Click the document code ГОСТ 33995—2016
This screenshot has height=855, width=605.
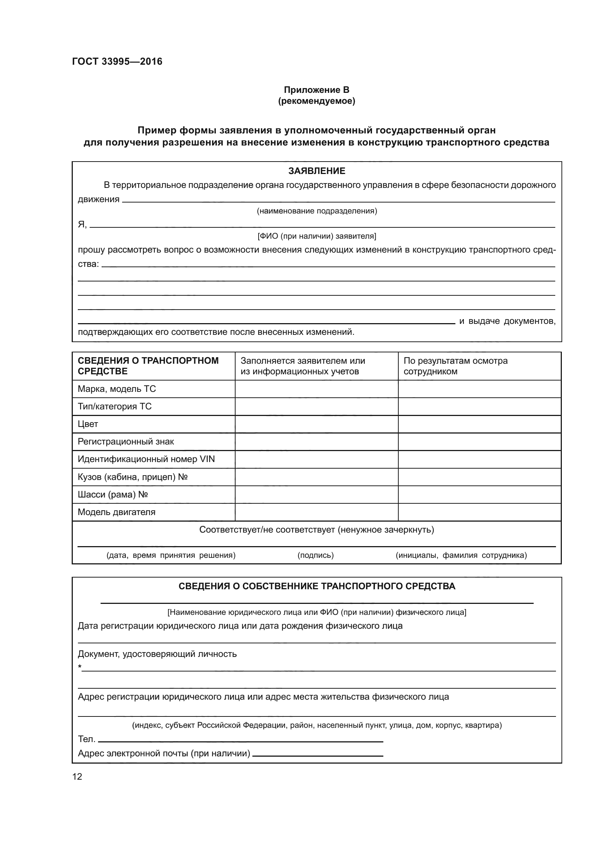117,62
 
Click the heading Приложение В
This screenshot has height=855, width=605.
316,90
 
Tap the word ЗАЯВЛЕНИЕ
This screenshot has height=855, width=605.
316,171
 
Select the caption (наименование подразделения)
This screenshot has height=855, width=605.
317,211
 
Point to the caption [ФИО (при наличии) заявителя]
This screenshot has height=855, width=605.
317,236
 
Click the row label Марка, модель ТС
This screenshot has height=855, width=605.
117,389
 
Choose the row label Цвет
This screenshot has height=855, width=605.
88,424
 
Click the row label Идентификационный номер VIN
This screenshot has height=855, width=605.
146,459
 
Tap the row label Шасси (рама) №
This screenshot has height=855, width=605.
113,494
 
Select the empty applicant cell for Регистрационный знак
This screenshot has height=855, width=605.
316,442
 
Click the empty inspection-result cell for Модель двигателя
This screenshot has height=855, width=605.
480,512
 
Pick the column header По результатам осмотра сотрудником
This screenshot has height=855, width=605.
455,366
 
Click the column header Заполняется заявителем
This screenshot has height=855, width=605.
302,366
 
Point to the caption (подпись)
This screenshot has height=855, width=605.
316,555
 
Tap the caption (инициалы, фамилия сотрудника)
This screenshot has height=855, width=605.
461,555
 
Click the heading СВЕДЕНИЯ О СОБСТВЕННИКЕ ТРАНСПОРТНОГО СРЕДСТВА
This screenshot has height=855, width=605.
317,586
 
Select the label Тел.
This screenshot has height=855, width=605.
86,739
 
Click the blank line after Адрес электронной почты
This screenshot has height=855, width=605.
317,755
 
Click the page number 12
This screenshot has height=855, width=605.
77,776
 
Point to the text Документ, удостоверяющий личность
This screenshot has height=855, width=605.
157,654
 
